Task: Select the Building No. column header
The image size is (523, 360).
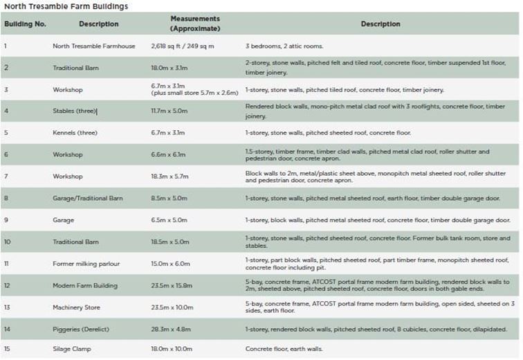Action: point(25,24)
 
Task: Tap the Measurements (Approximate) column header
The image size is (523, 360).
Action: point(195,24)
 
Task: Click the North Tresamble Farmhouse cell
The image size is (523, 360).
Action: point(94,46)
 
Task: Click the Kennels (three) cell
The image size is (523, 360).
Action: point(76,132)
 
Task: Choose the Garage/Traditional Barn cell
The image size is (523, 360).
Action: point(88,198)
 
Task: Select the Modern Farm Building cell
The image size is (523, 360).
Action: point(85,285)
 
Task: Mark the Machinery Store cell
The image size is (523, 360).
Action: point(77,307)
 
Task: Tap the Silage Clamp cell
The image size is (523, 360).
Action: point(72,349)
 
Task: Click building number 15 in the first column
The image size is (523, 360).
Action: point(7,349)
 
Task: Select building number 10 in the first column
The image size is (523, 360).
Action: point(7,242)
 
